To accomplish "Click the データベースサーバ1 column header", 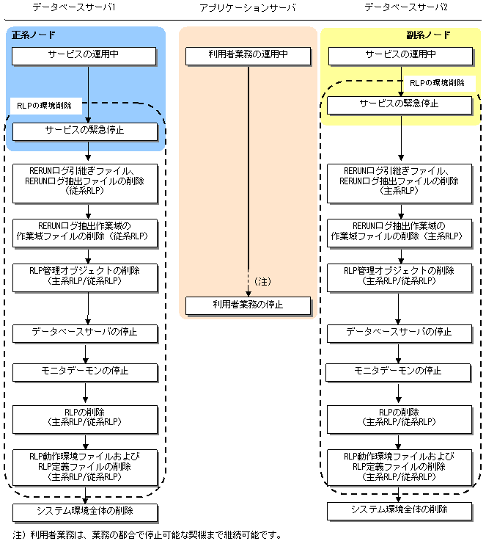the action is [x=74, y=7].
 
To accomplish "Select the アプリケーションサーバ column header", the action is [x=248, y=7].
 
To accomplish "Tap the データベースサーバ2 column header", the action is [x=406, y=7].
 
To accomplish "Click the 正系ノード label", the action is [x=34, y=35].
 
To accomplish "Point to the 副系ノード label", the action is [x=429, y=35].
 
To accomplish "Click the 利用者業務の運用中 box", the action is [x=248, y=57].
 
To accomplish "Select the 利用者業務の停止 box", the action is [x=248, y=305].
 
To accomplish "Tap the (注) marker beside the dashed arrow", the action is [x=263, y=282].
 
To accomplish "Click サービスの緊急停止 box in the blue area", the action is [x=85, y=132].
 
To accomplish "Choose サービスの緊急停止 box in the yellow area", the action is [x=400, y=105].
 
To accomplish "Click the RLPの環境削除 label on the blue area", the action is [x=45, y=106].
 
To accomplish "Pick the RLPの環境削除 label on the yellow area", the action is [x=437, y=83].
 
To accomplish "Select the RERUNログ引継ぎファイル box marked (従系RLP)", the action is [x=85, y=184].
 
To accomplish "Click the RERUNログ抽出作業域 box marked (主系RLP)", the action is [x=400, y=233].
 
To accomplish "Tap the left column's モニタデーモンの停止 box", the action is [x=85, y=373].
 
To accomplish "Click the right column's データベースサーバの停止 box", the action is [x=400, y=334].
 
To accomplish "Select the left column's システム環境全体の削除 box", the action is [x=85, y=512].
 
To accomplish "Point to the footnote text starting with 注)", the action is [x=147, y=535].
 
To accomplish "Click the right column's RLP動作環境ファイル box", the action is [x=400, y=468].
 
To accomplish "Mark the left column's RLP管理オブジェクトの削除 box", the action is [x=85, y=277].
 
